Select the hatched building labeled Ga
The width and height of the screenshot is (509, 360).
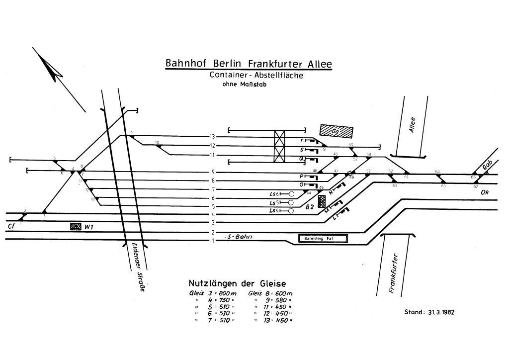coord(336,131)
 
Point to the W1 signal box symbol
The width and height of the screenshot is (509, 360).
coord(76,226)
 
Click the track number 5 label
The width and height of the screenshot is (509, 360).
coord(213,206)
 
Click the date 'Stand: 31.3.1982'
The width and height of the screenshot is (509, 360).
coord(430,313)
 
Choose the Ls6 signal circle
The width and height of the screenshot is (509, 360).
coord(292,193)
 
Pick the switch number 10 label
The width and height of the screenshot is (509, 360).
coord(157,143)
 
